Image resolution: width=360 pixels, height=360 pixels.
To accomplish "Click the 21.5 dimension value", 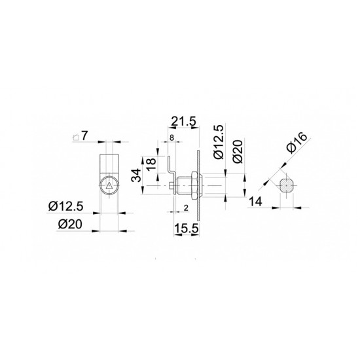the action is [183, 121].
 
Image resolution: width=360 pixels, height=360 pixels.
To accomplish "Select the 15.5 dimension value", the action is [187, 228].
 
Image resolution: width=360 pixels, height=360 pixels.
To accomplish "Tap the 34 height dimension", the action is [136, 175].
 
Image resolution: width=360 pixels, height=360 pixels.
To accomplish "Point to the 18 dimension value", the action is [151, 164].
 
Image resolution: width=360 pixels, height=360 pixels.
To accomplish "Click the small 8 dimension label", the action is [171, 138].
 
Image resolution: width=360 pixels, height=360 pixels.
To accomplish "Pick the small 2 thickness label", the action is [186, 208].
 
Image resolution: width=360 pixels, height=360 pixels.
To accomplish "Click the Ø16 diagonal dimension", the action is [297, 143].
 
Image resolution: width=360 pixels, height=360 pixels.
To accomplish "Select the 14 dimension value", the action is [255, 202].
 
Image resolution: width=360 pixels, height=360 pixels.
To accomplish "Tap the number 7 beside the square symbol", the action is [84, 135].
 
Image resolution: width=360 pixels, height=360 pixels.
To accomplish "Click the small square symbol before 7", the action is [76, 137].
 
